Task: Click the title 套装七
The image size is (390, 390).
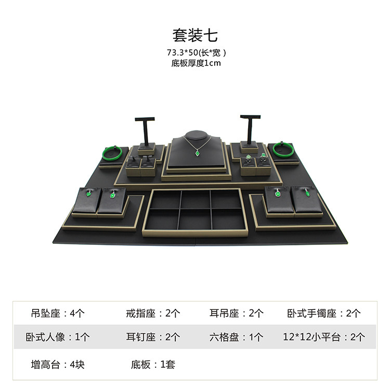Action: (x=195, y=35)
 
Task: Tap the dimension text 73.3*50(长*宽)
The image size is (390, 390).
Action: (x=195, y=53)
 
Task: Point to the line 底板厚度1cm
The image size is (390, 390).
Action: (x=195, y=63)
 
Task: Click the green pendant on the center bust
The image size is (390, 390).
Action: (x=197, y=153)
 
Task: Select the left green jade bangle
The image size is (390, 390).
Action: (x=112, y=153)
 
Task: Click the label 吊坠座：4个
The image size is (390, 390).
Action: (x=58, y=313)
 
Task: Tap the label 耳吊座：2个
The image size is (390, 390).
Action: (x=237, y=313)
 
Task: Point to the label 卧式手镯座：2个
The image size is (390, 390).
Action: (x=323, y=313)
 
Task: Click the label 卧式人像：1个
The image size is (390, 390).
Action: (x=58, y=337)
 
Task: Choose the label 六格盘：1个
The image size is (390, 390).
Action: (x=237, y=337)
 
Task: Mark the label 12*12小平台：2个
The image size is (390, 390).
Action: (x=324, y=337)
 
